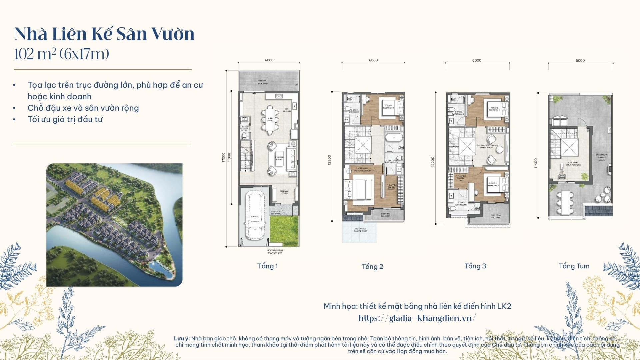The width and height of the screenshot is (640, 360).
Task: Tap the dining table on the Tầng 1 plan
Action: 270,119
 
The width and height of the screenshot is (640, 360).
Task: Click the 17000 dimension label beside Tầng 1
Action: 223,157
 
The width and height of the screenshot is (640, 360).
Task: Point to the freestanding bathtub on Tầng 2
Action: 394,138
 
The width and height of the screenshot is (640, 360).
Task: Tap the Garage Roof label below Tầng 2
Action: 360,230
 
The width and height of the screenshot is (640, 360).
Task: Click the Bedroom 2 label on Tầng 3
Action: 494,109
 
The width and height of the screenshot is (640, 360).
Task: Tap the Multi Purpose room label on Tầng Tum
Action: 573,163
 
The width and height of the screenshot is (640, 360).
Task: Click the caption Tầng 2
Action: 372,267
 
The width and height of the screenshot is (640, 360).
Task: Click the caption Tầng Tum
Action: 574,266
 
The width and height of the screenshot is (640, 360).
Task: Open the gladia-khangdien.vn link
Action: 417,318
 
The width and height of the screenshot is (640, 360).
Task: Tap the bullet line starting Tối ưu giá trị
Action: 65,119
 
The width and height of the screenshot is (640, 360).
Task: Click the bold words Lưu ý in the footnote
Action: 182,338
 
